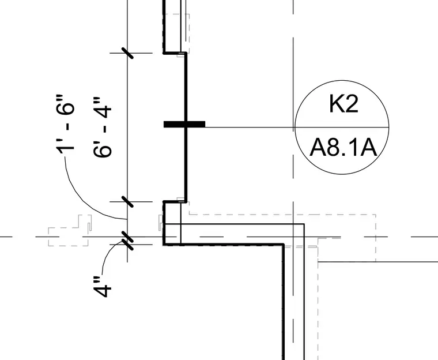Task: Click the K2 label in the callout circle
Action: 343,104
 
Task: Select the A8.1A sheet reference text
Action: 343,148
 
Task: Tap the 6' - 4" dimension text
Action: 102,127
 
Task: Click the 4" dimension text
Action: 102,287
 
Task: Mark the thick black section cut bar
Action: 184,124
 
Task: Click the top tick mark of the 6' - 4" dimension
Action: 128,53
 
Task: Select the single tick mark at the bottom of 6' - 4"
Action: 128,201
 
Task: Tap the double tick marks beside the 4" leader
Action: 128,241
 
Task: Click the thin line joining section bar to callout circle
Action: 250,127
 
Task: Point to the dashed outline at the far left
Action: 70,231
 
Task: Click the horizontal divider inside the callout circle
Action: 342,127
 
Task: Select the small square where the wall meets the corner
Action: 172,234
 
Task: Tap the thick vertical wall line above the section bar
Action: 186,87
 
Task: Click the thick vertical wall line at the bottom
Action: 283,302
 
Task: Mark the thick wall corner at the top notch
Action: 164,52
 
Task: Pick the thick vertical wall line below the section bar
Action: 186,163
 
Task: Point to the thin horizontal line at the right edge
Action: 378,262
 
